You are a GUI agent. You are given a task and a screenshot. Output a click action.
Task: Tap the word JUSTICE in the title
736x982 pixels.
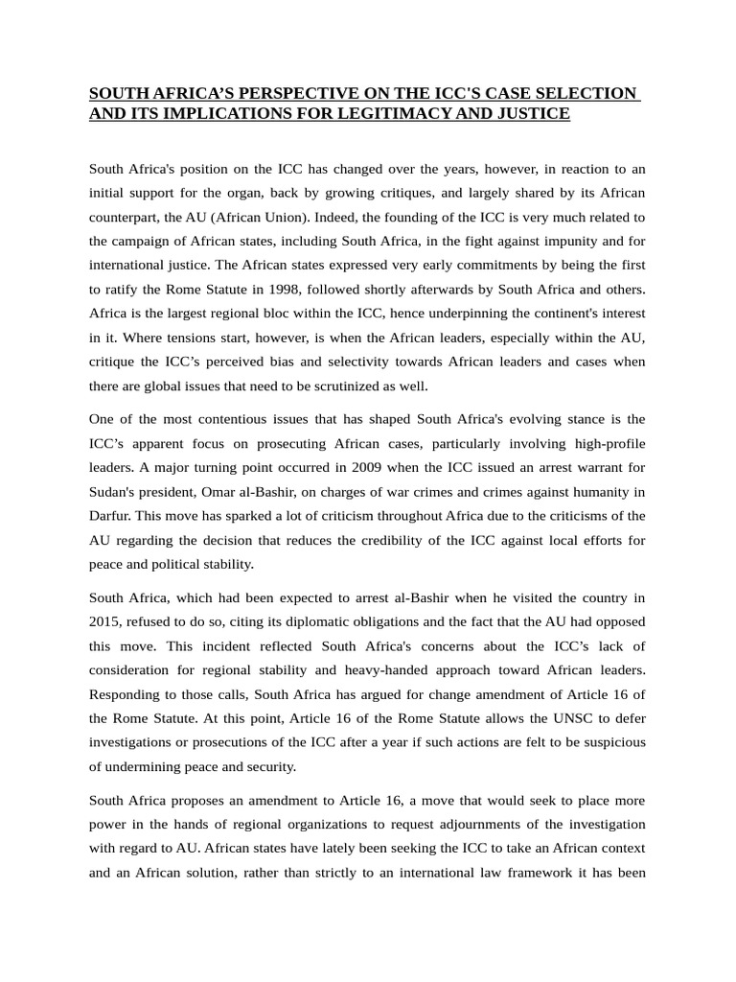533,114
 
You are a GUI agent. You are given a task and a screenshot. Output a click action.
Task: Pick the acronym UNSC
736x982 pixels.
539,717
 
